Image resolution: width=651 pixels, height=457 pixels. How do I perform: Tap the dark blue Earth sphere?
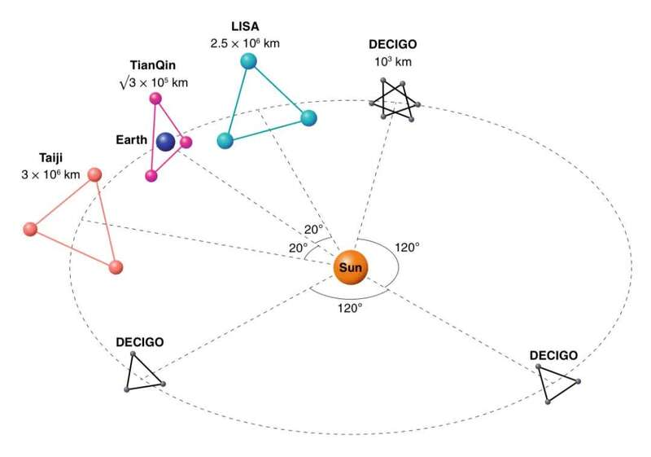click(x=167, y=142)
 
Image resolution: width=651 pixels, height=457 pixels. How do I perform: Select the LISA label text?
click(x=245, y=26)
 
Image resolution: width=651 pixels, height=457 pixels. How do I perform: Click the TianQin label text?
click(x=153, y=64)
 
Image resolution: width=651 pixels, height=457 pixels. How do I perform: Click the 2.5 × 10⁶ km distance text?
click(x=245, y=43)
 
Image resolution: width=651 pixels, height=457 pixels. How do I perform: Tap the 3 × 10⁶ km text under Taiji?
click(x=50, y=174)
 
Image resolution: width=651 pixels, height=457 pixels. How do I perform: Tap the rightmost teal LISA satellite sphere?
click(x=308, y=117)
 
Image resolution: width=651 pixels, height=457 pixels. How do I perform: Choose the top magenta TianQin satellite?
click(x=155, y=99)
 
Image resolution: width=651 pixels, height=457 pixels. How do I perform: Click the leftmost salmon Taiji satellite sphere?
click(x=32, y=229)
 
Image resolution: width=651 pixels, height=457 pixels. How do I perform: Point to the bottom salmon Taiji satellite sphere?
click(x=115, y=266)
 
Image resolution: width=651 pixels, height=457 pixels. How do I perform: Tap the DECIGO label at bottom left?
click(x=140, y=343)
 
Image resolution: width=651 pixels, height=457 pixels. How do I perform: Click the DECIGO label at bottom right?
click(x=553, y=355)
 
